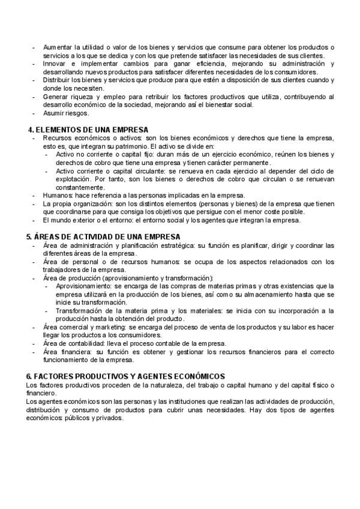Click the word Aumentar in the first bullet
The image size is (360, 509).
[57, 47]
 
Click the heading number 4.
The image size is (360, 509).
[31, 130]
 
